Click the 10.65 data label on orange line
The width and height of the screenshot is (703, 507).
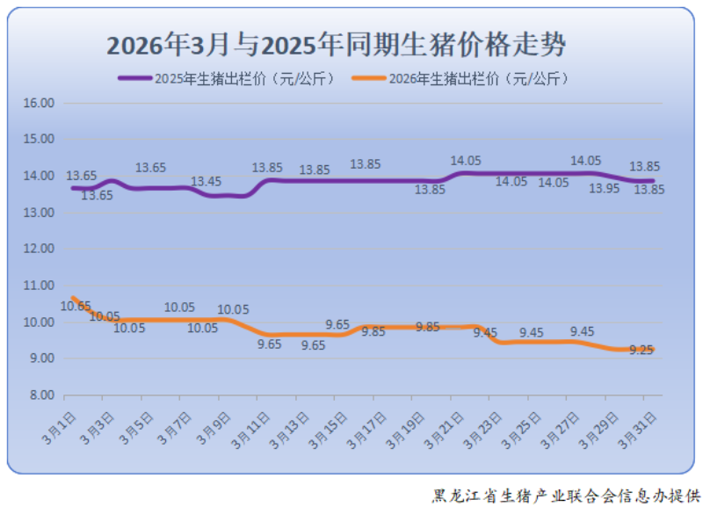click(x=76, y=306)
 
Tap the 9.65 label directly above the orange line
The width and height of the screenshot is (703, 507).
click(x=337, y=324)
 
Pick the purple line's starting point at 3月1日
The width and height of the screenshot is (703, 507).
click(x=73, y=188)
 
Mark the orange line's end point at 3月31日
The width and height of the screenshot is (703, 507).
click(x=653, y=350)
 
